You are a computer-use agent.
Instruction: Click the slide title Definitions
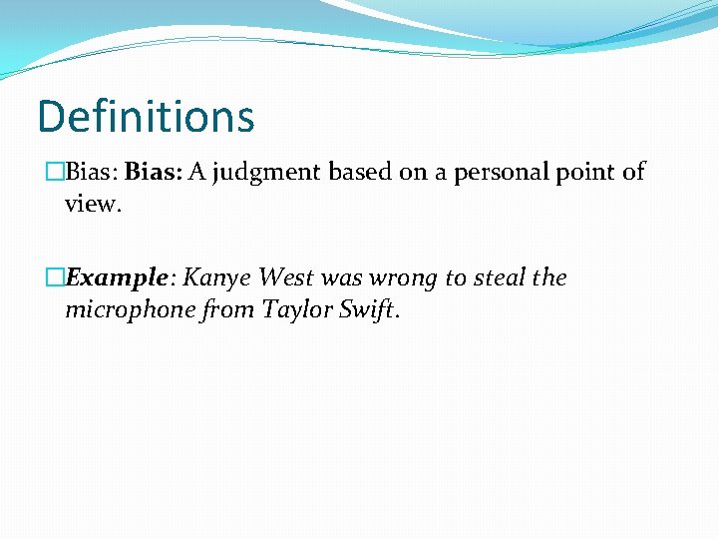click(x=146, y=117)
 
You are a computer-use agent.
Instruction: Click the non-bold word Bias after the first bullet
click(x=92, y=173)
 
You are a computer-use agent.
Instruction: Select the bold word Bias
click(x=152, y=173)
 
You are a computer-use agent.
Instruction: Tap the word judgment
click(x=262, y=174)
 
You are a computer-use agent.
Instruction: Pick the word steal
click(x=499, y=278)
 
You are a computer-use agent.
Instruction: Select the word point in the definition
click(x=587, y=173)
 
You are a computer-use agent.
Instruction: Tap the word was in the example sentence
click(x=342, y=278)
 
